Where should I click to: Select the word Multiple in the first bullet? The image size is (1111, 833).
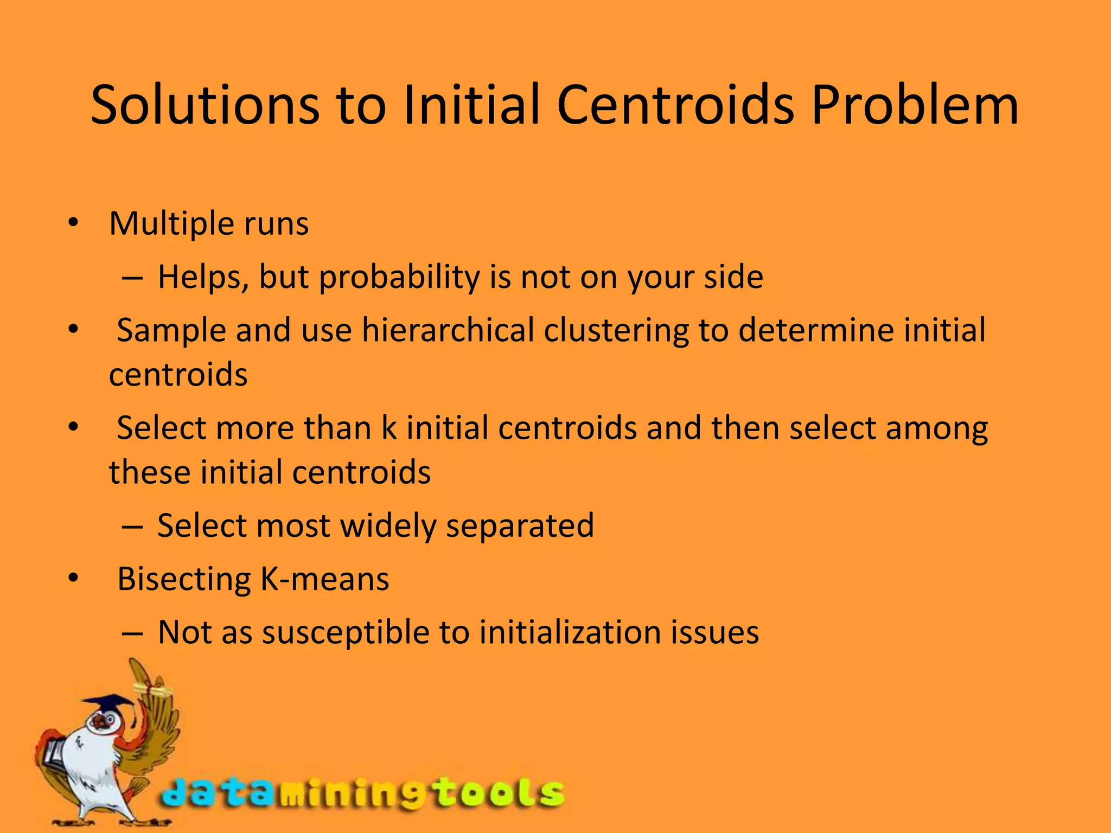171,223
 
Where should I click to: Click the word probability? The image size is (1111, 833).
399,278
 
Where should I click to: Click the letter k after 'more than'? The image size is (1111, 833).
388,428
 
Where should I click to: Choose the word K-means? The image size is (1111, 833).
325,579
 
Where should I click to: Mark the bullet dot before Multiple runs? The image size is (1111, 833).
73,223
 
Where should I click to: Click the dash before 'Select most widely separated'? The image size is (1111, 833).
132,526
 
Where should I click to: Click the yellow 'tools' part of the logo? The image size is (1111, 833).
499,793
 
